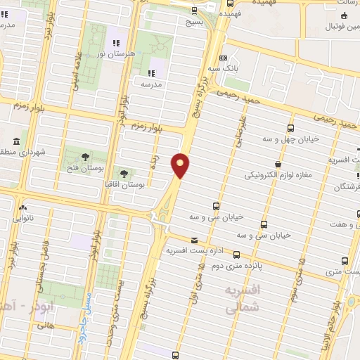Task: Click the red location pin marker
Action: tap(181, 165)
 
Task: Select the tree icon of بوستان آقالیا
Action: tap(124, 173)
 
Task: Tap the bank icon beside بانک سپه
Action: tap(223, 58)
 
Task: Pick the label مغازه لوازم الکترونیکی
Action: tap(280, 175)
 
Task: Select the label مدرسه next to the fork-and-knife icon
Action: tap(152, 84)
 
